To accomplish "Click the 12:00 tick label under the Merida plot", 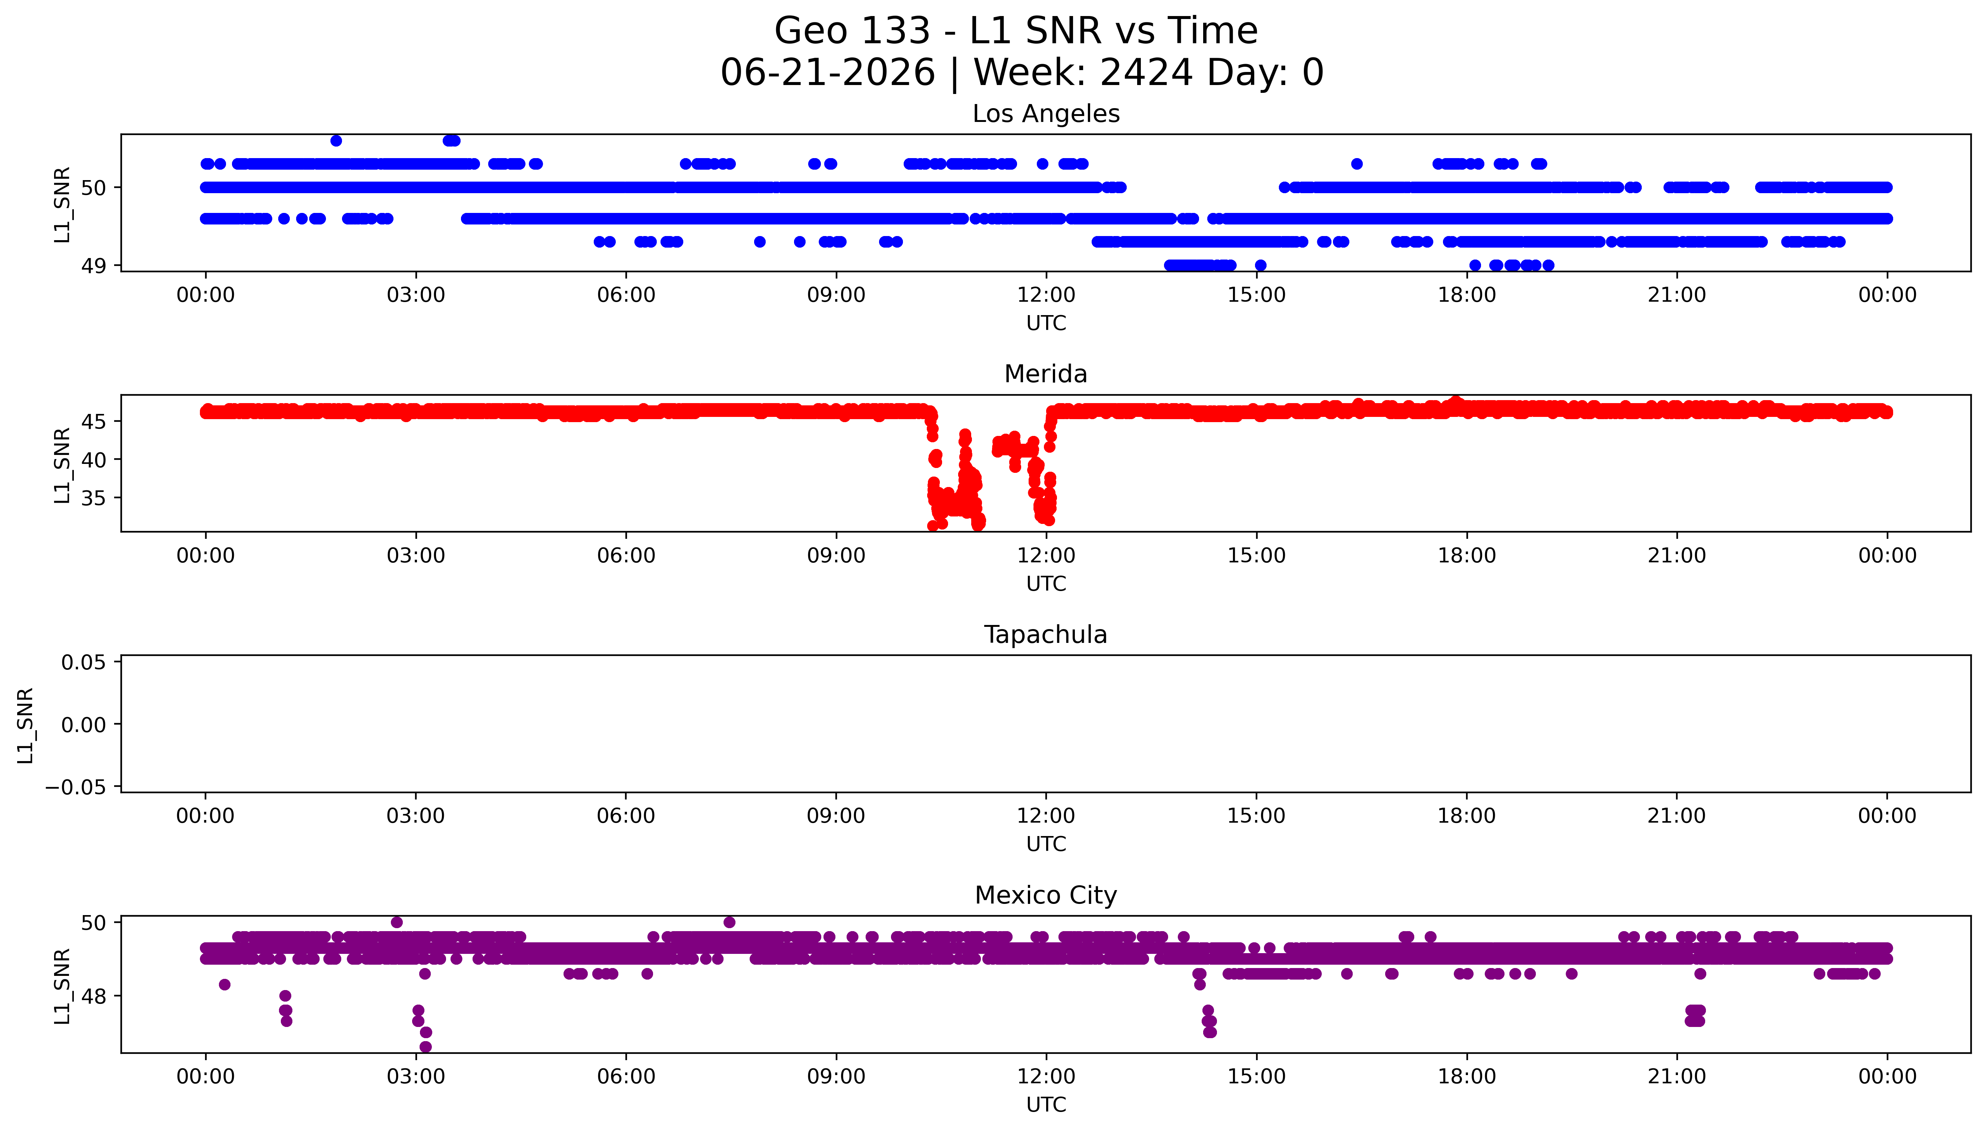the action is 1046,555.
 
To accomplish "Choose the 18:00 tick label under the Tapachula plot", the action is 1466,816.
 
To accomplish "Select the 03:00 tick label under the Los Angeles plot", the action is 415,295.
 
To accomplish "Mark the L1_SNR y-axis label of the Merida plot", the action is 62,465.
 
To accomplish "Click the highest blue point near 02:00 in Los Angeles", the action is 336,141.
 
